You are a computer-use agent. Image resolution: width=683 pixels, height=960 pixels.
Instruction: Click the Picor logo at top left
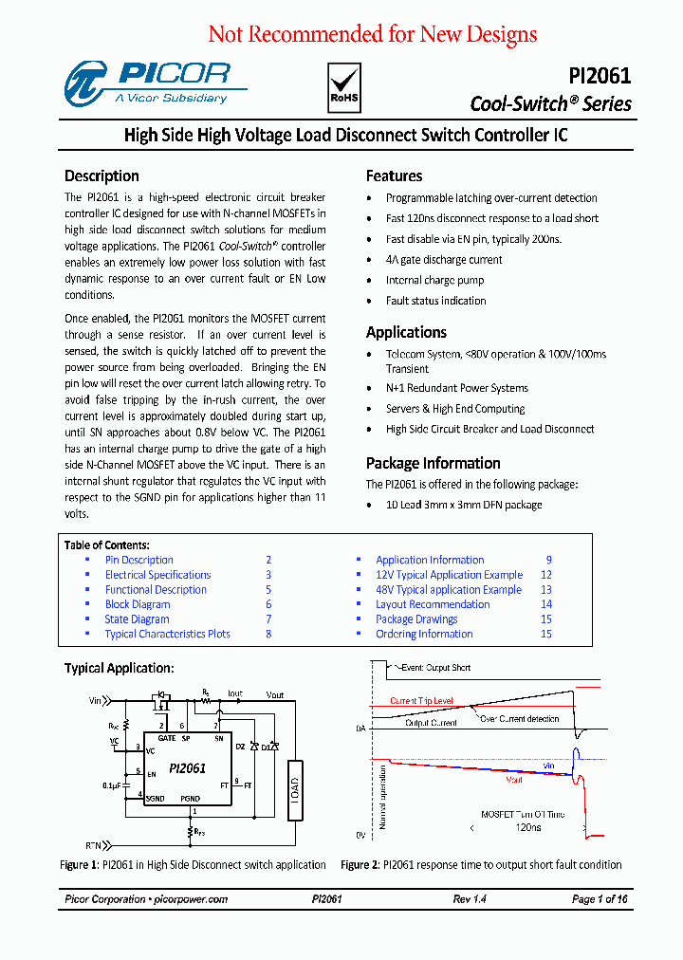(x=147, y=83)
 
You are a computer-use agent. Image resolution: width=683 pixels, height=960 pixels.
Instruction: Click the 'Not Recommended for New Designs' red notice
(x=372, y=35)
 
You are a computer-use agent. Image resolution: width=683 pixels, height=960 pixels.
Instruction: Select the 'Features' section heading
(x=394, y=175)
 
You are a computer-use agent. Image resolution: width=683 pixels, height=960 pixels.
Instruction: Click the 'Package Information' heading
(x=433, y=463)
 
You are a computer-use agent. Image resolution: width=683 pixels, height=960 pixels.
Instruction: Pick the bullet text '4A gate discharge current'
(x=443, y=260)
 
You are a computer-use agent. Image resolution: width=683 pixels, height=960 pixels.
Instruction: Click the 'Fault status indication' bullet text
(x=435, y=301)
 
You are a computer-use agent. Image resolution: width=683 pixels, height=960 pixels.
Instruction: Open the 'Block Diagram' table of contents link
(x=138, y=604)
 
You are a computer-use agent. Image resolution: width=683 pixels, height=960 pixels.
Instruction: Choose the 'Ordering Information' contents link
(x=423, y=634)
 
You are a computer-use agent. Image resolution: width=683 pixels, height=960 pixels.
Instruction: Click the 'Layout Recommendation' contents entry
(x=433, y=604)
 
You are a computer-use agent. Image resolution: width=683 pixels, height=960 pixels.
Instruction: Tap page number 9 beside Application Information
(x=548, y=560)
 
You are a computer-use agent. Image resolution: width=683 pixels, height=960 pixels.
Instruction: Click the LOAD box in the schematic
(x=295, y=789)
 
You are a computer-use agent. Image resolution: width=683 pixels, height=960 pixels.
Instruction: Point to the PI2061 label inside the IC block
(x=188, y=768)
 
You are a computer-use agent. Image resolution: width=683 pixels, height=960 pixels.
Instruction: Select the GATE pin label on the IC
(x=167, y=737)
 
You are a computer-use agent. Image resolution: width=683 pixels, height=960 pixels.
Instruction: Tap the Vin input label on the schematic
(x=95, y=701)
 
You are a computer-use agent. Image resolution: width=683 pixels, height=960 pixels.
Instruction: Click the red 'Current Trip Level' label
(x=421, y=701)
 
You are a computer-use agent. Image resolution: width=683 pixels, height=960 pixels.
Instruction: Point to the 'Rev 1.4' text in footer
(x=470, y=899)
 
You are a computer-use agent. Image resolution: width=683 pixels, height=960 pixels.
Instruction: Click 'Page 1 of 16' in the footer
(x=600, y=899)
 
